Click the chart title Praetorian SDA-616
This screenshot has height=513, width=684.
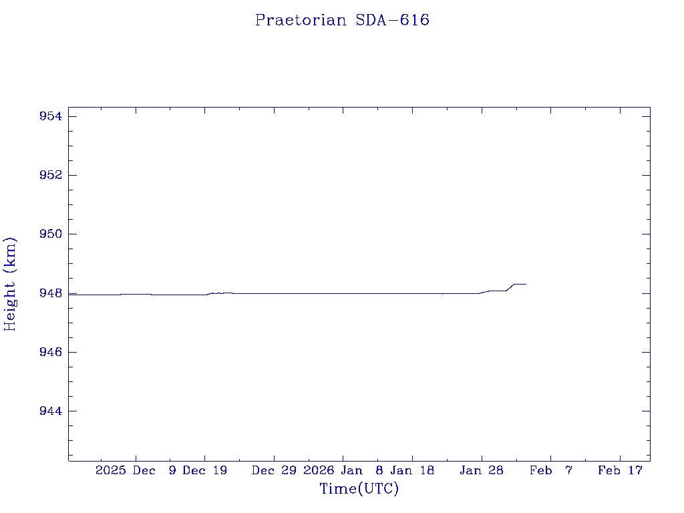pos(342,20)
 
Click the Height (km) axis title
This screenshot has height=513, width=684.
pos(10,284)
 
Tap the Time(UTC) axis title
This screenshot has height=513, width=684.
pos(359,489)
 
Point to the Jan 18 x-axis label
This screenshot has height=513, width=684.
pos(412,470)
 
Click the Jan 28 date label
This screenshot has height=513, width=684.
pos(482,470)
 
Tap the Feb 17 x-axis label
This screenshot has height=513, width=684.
pos(620,470)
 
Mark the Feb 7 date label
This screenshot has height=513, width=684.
pos(551,470)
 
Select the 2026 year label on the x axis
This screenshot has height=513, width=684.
pos(318,470)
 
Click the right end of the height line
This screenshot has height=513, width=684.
pos(526,284)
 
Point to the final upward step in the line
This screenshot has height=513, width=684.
pos(510,287)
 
